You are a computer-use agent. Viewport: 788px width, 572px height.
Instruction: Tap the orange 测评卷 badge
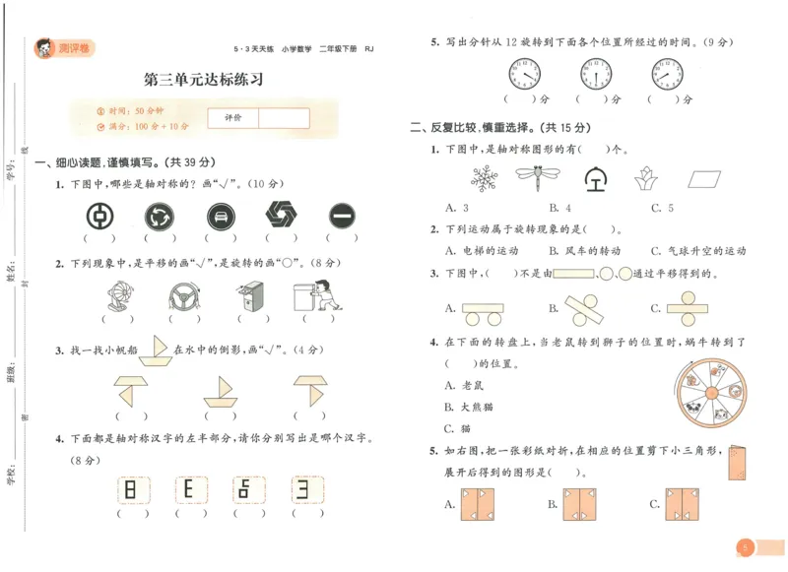point(68,46)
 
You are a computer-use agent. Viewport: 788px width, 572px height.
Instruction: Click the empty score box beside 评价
point(284,118)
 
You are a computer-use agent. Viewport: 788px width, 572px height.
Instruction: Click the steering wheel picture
point(179,295)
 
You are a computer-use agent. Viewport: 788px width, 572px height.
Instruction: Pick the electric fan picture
point(118,296)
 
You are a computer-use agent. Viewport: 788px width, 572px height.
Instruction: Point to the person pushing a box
point(313,295)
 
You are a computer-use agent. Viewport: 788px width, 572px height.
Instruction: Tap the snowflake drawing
point(484,178)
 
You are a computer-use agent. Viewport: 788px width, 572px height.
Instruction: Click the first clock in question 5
point(525,73)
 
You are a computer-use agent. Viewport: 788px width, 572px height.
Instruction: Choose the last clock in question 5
point(667,73)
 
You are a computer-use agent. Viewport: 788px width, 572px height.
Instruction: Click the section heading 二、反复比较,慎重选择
point(498,128)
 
